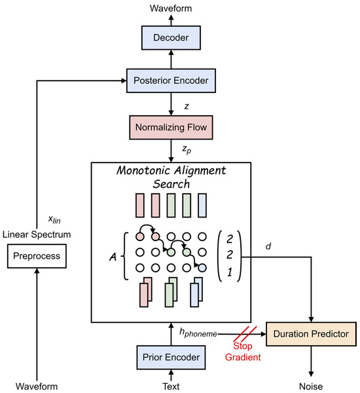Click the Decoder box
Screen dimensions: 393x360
coord(170,37)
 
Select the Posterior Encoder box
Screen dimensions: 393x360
coord(170,81)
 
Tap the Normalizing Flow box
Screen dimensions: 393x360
coord(170,124)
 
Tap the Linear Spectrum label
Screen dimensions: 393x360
coord(37,234)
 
